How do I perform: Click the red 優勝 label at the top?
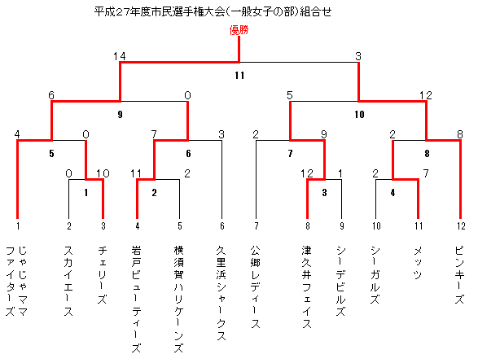click(239, 30)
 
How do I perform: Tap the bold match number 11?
click(239, 75)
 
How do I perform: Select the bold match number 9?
click(120, 114)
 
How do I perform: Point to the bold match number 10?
click(359, 114)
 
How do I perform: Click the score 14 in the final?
click(120, 56)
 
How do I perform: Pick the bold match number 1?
click(86, 192)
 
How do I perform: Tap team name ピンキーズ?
click(460, 275)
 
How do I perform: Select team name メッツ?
click(418, 263)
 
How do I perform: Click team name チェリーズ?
click(103, 275)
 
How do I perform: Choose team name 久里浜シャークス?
click(221, 293)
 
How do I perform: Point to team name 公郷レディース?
click(256, 287)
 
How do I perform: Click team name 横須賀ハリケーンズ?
click(178, 300)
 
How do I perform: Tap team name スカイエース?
click(68, 281)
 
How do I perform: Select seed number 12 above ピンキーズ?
click(461, 225)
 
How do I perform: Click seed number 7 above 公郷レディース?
click(257, 225)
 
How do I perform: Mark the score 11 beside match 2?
click(136, 173)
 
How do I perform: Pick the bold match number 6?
click(188, 153)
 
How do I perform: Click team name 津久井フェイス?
click(307, 287)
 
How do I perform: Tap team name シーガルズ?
click(375, 275)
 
